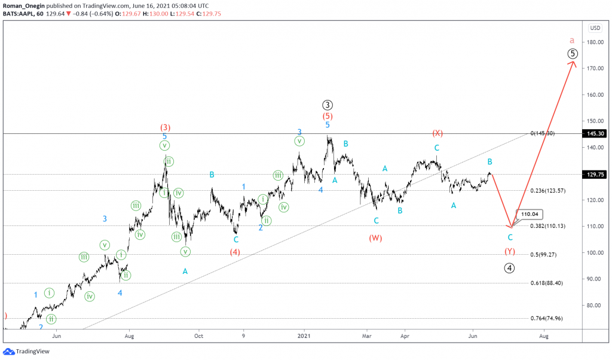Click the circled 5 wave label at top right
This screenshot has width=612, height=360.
[572, 54]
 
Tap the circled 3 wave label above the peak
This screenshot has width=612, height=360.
[327, 105]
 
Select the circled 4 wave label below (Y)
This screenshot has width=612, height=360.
[509, 268]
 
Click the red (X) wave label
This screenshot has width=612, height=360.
[437, 133]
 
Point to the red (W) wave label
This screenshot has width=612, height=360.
[375, 238]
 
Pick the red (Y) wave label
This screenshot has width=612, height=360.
[510, 251]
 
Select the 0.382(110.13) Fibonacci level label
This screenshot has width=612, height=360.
[547, 226]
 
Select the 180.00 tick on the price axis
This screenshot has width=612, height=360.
[593, 42]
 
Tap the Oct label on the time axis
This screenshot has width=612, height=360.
[198, 336]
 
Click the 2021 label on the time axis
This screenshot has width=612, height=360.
[304, 336]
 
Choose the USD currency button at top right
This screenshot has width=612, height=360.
[595, 28]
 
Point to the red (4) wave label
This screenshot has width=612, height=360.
[235, 252]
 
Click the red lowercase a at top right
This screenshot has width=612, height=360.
[572, 40]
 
